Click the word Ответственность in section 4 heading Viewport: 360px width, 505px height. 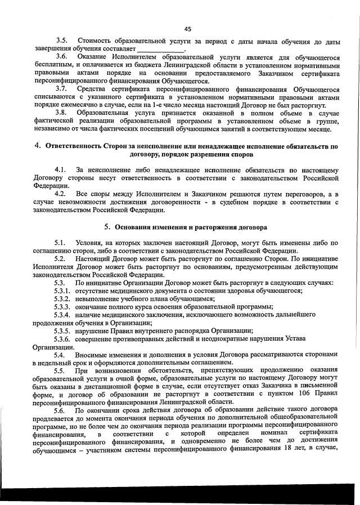[x=73, y=146]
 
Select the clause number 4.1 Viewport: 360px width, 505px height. [x=61, y=169]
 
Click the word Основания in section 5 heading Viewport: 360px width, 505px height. [x=134, y=227]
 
